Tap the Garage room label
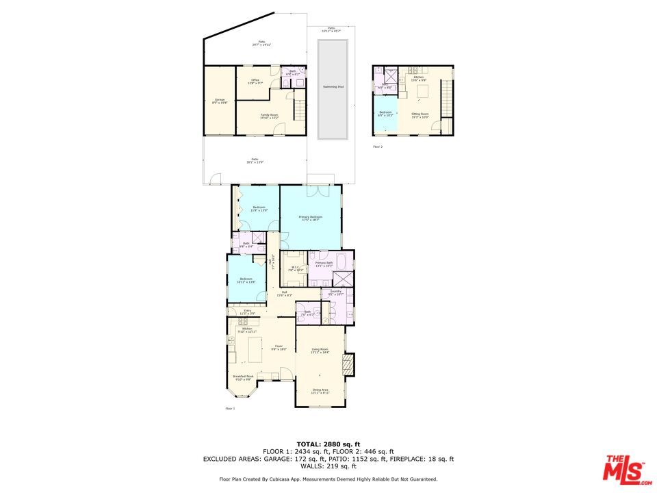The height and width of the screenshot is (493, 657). tap(220, 101)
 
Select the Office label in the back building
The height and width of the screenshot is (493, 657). tap(255, 81)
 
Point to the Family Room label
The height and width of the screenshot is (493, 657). tap(269, 116)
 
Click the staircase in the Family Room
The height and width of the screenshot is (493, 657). tap(300, 110)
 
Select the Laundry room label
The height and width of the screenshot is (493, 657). tap(335, 293)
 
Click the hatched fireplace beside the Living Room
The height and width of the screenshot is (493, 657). tap(350, 364)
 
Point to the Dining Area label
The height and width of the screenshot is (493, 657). tap(320, 390)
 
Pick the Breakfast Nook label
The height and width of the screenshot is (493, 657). tap(243, 377)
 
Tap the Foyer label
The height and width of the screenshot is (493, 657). tap(279, 347)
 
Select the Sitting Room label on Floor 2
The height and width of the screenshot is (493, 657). tap(420, 115)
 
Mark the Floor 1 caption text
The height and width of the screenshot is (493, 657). tap(230, 409)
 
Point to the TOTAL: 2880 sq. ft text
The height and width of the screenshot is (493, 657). tap(328, 444)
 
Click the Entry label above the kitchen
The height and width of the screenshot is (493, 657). tap(248, 312)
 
